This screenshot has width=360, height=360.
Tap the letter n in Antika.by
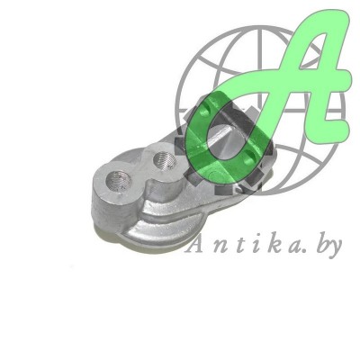click(214, 247)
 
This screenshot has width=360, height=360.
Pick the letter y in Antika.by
click(335, 249)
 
